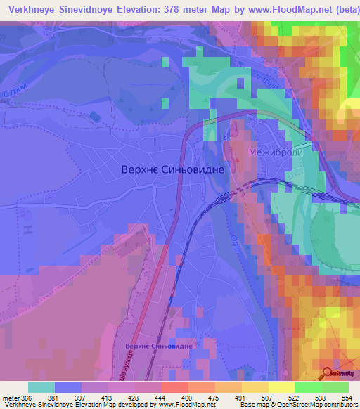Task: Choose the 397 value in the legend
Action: tap(78, 397)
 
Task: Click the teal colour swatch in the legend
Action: tap(41, 387)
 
